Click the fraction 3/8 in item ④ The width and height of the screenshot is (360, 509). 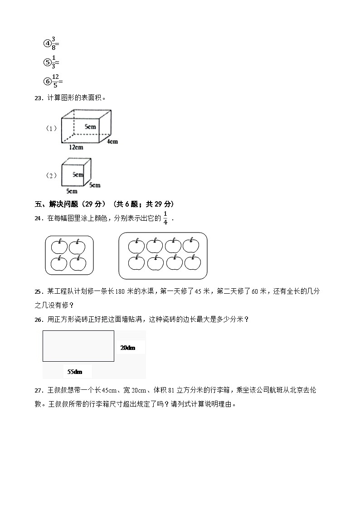click(54, 43)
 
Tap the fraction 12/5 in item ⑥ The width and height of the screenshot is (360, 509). click(55, 81)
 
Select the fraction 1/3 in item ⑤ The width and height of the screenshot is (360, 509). click(54, 62)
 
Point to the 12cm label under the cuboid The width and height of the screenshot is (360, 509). click(76, 147)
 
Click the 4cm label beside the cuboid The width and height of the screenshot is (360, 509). click(112, 141)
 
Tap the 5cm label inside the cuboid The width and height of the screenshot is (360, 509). click(90, 127)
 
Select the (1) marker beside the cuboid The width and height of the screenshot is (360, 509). click(51, 128)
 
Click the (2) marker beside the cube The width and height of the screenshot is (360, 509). click(51, 175)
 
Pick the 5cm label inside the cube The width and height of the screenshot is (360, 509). click(78, 175)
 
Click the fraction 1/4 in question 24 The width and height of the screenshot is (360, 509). click(165, 218)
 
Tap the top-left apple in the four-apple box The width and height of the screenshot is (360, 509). click(59, 247)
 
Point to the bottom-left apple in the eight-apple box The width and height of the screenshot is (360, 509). click(136, 263)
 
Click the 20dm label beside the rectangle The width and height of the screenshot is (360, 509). click(127, 348)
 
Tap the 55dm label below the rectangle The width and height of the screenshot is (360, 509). click(75, 372)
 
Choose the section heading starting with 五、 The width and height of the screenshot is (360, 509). click(105, 204)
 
